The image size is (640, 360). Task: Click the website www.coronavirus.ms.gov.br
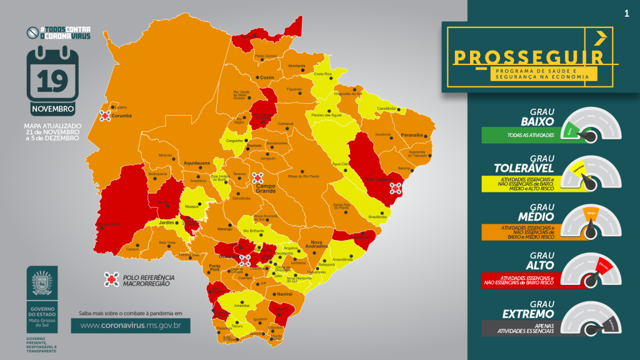[131, 325]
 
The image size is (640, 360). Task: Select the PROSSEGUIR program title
[529, 57]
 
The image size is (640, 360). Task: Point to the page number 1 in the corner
[626, 13]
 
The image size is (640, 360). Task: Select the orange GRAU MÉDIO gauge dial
[590, 222]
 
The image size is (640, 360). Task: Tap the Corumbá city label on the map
[121, 116]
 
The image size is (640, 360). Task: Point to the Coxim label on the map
[267, 77]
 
